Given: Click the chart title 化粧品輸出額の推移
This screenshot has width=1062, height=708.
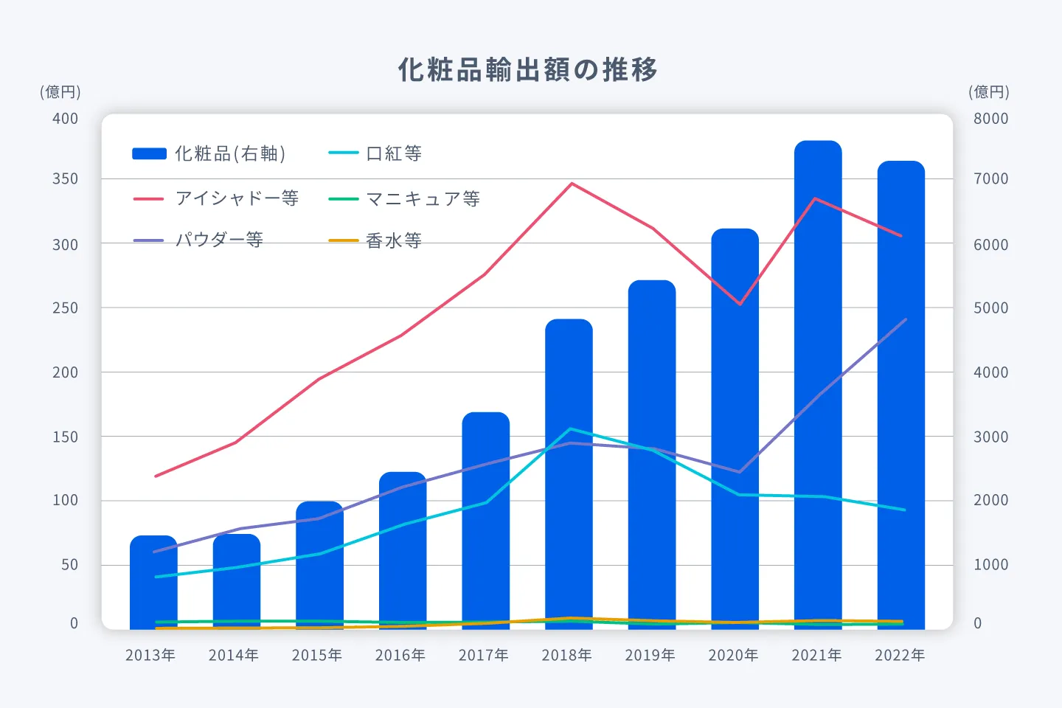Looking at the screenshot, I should (x=527, y=70).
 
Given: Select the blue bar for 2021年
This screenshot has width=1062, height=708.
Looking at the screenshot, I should (x=818, y=383).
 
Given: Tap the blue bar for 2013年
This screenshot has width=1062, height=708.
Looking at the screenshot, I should (x=153, y=583).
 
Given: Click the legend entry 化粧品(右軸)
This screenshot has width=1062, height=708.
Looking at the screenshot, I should (x=209, y=153).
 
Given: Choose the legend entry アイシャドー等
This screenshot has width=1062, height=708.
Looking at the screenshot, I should (x=216, y=198).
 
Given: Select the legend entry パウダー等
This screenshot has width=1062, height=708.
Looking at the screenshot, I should (x=198, y=240).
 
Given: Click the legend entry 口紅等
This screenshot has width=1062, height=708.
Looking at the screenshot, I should (x=375, y=153).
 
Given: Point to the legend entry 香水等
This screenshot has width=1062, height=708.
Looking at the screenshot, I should (x=375, y=240).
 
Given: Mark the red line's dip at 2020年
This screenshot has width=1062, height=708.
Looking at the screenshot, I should (x=740, y=304).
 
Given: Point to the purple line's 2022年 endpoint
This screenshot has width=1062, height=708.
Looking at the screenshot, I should (x=905, y=319).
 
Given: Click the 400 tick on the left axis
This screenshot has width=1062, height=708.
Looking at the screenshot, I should (x=65, y=119).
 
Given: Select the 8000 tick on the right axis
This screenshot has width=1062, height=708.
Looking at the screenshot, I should (x=990, y=119).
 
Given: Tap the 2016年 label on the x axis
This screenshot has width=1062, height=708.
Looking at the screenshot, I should (x=400, y=655).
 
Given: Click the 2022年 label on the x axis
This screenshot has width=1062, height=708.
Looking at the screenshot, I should (x=900, y=655).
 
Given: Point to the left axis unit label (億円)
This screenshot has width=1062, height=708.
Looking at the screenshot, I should (x=60, y=92).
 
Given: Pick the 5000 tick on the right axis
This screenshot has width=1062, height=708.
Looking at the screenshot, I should (x=990, y=308).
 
